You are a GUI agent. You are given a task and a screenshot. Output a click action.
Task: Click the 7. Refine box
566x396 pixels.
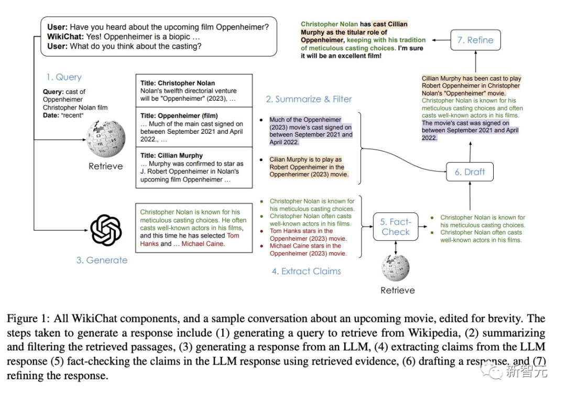click(x=475, y=40)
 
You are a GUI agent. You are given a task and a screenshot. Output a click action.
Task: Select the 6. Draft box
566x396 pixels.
click(x=470, y=172)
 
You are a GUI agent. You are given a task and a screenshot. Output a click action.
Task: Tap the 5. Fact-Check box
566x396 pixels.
click(x=396, y=227)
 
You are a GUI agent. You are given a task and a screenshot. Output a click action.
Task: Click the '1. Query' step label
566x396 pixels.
click(x=63, y=77)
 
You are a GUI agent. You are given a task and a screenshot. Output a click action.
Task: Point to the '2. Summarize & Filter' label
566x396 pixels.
click(x=309, y=99)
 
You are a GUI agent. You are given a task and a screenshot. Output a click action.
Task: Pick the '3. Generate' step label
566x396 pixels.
click(x=102, y=260)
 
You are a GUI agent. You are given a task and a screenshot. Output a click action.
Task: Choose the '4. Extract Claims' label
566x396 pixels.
click(x=306, y=271)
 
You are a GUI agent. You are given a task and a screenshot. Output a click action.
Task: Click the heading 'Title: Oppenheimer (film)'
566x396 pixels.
click(x=179, y=115)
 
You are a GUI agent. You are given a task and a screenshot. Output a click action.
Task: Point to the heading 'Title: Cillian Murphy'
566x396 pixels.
click(x=171, y=155)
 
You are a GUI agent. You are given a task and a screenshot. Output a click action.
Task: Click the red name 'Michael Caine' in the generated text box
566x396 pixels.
click(x=202, y=243)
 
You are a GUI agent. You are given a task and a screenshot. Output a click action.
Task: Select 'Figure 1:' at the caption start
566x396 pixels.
click(x=27, y=319)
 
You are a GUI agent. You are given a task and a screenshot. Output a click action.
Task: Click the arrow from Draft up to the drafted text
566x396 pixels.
click(x=470, y=151)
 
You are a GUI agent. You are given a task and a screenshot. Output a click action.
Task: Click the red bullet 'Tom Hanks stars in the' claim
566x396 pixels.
click(x=301, y=231)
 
